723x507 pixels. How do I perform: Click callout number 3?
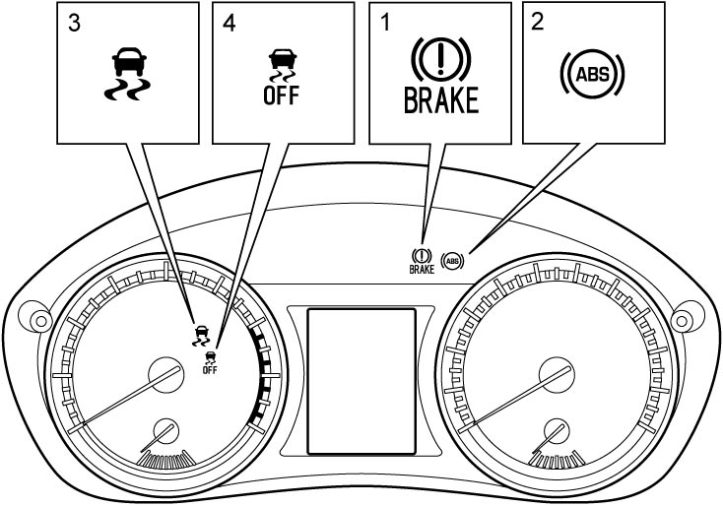[x=74, y=23]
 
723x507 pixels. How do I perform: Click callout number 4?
[x=230, y=23]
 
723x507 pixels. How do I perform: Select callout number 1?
[x=384, y=23]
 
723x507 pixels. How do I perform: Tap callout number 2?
[x=538, y=22]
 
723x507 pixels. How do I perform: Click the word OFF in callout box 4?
[x=281, y=95]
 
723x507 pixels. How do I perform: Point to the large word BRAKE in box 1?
[x=441, y=100]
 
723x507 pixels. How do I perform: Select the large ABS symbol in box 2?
[x=593, y=74]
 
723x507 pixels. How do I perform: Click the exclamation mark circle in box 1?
[x=441, y=59]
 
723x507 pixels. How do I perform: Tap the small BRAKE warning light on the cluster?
[x=422, y=261]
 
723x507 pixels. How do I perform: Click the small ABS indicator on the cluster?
[x=453, y=262]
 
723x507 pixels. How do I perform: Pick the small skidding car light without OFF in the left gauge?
[x=202, y=336]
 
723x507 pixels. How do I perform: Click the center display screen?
[x=361, y=381]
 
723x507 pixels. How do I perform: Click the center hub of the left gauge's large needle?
[x=165, y=375]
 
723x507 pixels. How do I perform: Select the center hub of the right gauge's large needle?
[x=557, y=374]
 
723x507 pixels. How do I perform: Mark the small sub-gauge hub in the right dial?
[x=557, y=431]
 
